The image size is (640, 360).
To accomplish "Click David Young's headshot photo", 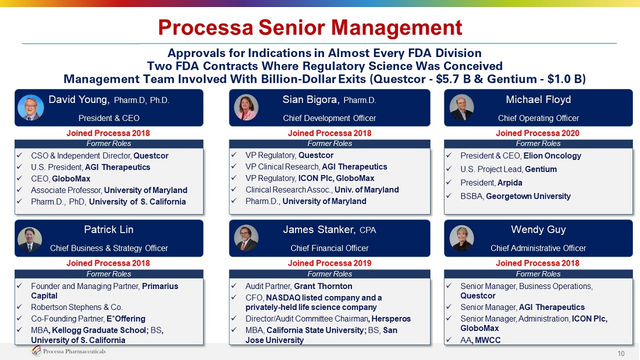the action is [x=31, y=108].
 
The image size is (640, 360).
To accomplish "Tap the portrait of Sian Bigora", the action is [x=246, y=108].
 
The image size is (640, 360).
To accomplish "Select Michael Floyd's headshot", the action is [x=461, y=108].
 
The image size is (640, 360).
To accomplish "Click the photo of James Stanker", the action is [x=246, y=237].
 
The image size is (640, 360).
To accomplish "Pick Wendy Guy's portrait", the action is [x=461, y=237].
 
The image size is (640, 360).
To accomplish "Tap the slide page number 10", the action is [x=621, y=354].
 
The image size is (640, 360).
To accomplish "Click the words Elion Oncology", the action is [x=552, y=155].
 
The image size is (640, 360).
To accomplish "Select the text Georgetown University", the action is [x=528, y=196].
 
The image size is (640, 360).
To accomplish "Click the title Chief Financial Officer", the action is [x=329, y=248].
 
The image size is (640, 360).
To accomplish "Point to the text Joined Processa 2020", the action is [x=538, y=133].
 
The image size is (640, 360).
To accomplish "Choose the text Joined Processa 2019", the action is [x=329, y=263].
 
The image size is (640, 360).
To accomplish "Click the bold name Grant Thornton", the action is [x=323, y=286].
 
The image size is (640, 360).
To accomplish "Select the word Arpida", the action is [x=510, y=183].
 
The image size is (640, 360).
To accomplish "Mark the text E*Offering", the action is [x=126, y=319].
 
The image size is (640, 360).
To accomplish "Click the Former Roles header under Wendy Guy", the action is [x=538, y=274].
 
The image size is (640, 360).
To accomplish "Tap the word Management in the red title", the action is [x=396, y=28].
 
